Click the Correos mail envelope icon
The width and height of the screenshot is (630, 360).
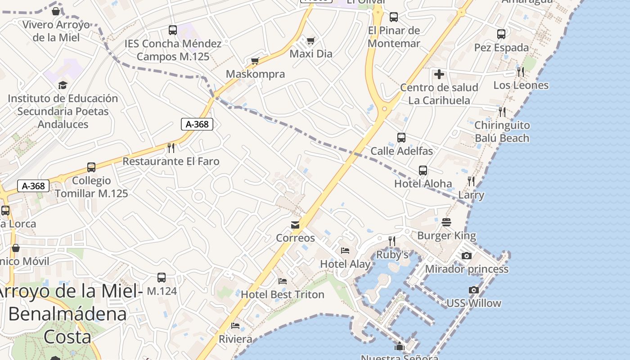[x=295, y=225]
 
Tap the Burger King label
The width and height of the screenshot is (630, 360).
[x=446, y=235]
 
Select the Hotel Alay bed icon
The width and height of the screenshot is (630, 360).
[x=345, y=251]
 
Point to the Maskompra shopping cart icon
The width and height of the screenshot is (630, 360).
[x=255, y=61]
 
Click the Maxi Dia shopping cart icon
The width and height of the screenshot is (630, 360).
[x=310, y=41]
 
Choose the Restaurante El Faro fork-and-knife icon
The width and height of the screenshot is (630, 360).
[x=171, y=148]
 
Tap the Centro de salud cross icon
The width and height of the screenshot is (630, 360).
[x=439, y=74]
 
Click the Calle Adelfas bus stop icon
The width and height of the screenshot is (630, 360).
[x=401, y=138]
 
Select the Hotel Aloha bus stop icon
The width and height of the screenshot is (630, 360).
[x=423, y=171]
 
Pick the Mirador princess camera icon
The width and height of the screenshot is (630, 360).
[x=467, y=256]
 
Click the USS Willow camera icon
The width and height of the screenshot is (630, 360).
[x=473, y=290]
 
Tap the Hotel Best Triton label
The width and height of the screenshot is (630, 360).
[x=283, y=295]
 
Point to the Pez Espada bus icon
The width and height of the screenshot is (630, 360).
[x=501, y=34]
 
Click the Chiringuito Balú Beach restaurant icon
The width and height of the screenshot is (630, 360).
[x=502, y=112]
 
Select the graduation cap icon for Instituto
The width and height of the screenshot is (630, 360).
[x=63, y=85]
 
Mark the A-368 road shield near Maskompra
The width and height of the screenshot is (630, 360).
[x=197, y=124]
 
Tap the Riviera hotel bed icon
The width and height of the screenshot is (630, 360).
[x=235, y=326]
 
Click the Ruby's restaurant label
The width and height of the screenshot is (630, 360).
[x=392, y=255]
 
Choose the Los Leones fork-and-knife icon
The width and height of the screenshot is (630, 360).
[x=521, y=72]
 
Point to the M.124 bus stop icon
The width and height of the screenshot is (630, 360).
[x=162, y=278]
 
